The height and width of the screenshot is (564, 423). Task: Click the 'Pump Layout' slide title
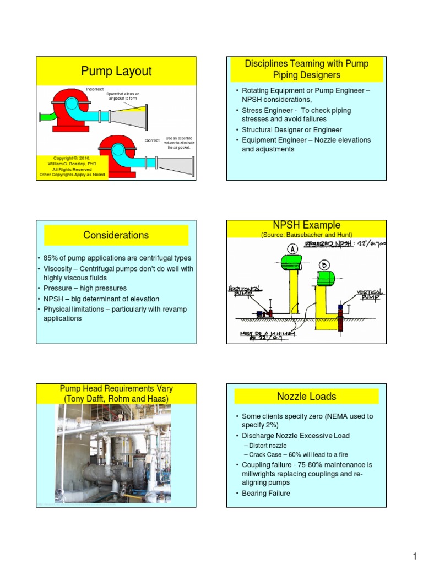[116, 71]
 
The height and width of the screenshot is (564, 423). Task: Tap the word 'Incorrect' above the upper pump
[94, 89]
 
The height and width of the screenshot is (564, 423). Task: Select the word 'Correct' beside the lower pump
[152, 140]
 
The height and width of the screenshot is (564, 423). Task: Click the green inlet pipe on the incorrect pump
[48, 116]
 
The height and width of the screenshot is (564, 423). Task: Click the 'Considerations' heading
[116, 235]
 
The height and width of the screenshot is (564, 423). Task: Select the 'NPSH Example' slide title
[307, 225]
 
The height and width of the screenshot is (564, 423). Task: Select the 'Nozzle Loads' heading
[307, 396]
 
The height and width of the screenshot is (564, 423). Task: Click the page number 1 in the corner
[414, 552]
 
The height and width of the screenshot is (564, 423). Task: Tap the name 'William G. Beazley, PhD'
[72, 164]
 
